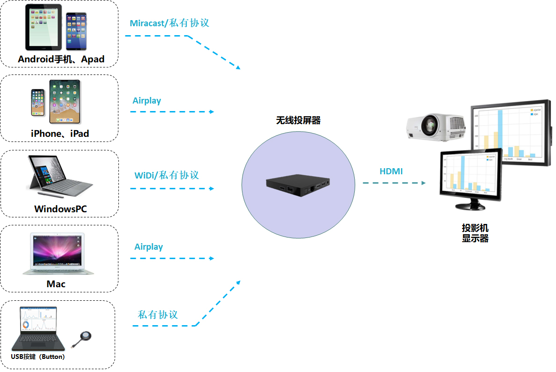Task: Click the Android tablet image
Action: pyautogui.click(x=44, y=28)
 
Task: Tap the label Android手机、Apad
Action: pyautogui.click(x=61, y=60)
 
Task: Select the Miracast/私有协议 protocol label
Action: pyautogui.click(x=169, y=23)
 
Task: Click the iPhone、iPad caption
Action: pyautogui.click(x=60, y=134)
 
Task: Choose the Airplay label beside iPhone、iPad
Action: pyautogui.click(x=146, y=101)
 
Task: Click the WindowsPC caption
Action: pyautogui.click(x=60, y=209)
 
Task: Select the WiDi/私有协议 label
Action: pyautogui.click(x=167, y=175)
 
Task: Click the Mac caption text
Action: pyautogui.click(x=56, y=284)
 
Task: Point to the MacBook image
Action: pyautogui.click(x=58, y=253)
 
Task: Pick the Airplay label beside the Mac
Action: pyautogui.click(x=148, y=247)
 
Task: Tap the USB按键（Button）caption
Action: pyautogui.click(x=38, y=357)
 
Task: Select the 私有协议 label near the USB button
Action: pyautogui.click(x=158, y=314)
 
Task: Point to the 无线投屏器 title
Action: pyautogui.click(x=298, y=120)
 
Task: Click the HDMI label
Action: pyautogui.click(x=391, y=171)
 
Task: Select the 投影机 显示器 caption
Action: pyautogui.click(x=475, y=233)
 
